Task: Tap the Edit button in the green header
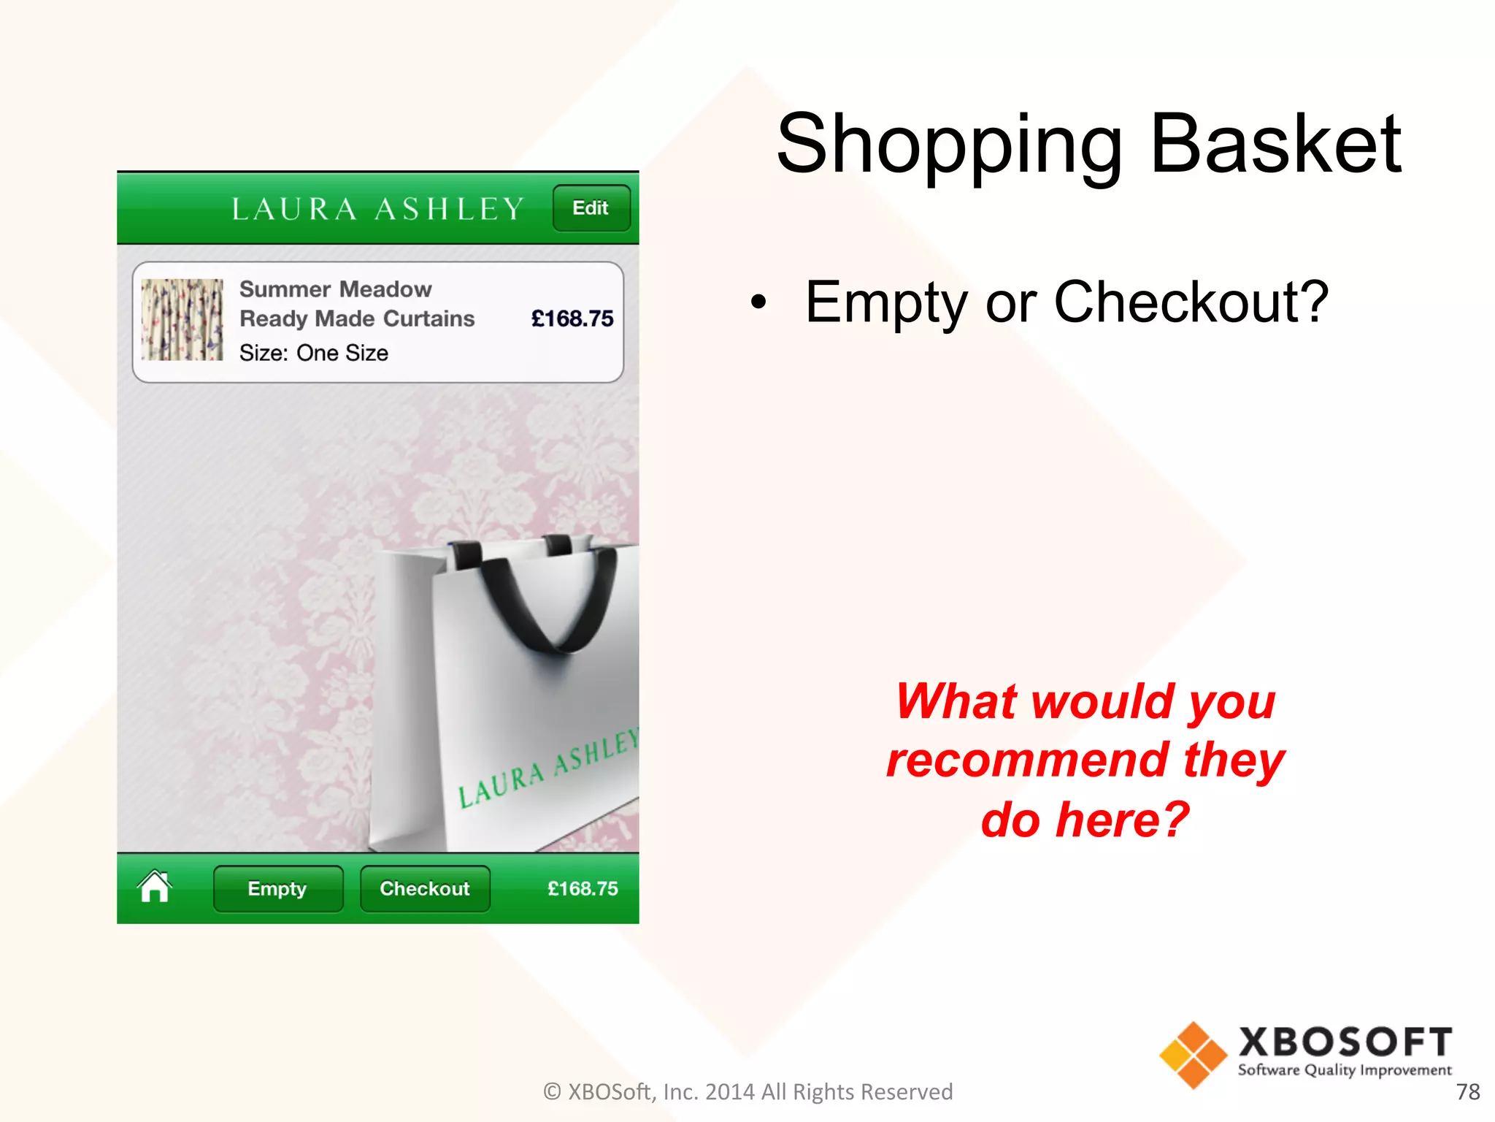pyautogui.click(x=591, y=208)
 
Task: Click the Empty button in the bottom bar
pyautogui.click(x=277, y=888)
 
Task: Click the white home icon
pyautogui.click(x=155, y=887)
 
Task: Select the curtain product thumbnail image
pyautogui.click(x=182, y=319)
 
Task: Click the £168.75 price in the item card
pyautogui.click(x=572, y=318)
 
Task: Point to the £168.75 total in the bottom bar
pyautogui.click(x=582, y=888)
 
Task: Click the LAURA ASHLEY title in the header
pyautogui.click(x=377, y=209)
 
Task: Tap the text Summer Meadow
pyautogui.click(x=335, y=289)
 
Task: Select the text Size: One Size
pyautogui.click(x=313, y=353)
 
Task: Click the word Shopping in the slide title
pyautogui.click(x=949, y=144)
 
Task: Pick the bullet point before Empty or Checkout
pyautogui.click(x=759, y=302)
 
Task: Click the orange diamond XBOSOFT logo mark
pyautogui.click(x=1193, y=1056)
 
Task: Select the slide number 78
pyautogui.click(x=1467, y=1091)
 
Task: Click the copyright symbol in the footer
pyautogui.click(x=553, y=1091)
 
